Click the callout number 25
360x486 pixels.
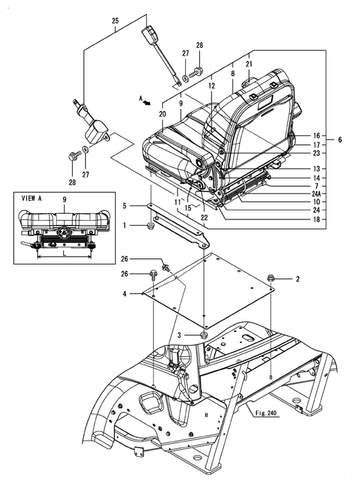tap(115, 21)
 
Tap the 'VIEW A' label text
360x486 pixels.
tap(31, 199)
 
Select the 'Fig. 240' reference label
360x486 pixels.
tap(266, 413)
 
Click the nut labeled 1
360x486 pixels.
tap(151, 226)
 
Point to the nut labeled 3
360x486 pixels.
tap(204, 335)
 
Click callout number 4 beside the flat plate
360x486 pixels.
tap(124, 293)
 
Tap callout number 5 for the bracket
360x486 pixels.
tap(124, 206)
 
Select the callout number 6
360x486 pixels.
tap(340, 140)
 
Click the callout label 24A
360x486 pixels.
tap(316, 194)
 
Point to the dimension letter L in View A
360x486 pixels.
tap(64, 253)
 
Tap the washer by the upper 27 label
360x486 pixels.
tap(185, 79)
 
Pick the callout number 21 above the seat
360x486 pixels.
tap(249, 64)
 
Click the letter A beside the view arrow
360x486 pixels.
tap(141, 99)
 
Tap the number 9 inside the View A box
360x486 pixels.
tap(65, 199)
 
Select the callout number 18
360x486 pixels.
tap(316, 219)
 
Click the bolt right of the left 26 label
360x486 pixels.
tap(153, 275)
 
